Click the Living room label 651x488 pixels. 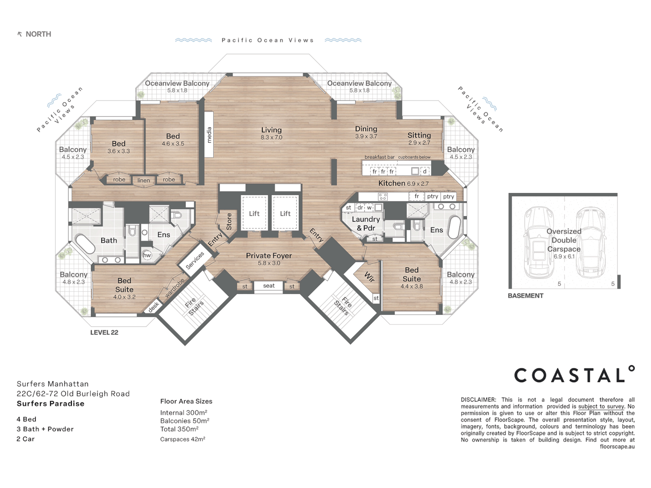(x=271, y=130)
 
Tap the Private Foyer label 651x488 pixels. (x=269, y=256)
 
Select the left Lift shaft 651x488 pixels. (x=254, y=213)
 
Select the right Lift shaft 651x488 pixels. (x=285, y=213)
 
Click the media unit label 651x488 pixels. (x=209, y=135)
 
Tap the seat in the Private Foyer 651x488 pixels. (x=269, y=286)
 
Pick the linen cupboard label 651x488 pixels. (x=143, y=180)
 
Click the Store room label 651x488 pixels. (x=229, y=221)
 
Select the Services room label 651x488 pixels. (x=195, y=261)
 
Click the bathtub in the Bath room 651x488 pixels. (x=85, y=244)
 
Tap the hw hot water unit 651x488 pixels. (x=147, y=255)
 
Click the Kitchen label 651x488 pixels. (x=392, y=183)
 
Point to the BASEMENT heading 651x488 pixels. (x=525, y=296)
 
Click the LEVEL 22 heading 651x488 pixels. (x=104, y=333)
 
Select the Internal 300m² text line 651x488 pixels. (x=184, y=413)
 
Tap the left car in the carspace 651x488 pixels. (x=539, y=243)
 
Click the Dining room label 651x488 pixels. (x=366, y=129)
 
